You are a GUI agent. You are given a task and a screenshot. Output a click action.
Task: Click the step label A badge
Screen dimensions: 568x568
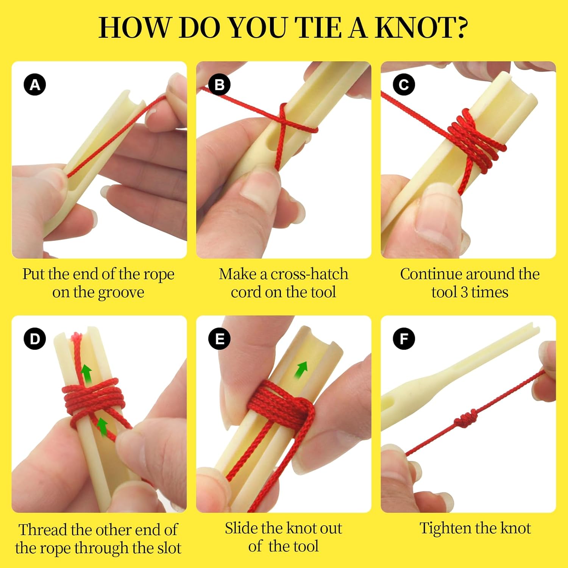click(x=35, y=84)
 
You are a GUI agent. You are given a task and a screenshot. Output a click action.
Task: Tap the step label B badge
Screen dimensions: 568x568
click(x=219, y=84)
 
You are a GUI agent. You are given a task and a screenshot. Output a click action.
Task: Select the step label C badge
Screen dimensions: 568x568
click(x=404, y=84)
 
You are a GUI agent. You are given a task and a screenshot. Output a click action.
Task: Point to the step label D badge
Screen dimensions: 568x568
click(x=35, y=339)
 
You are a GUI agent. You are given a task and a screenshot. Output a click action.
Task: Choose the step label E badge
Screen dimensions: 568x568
click(x=219, y=339)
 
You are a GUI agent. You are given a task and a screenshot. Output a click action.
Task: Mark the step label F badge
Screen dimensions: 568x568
click(x=404, y=339)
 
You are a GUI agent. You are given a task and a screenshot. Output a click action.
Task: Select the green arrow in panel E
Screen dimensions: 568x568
click(x=301, y=370)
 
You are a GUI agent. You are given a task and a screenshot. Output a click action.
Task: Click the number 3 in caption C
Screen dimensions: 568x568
click(x=463, y=292)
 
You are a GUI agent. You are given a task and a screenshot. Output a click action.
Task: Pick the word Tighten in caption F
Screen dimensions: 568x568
click(x=445, y=528)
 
